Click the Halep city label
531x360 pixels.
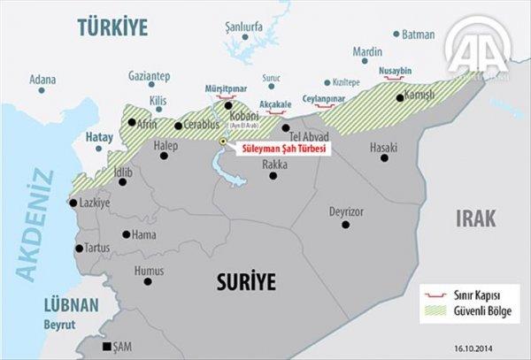point(165,144)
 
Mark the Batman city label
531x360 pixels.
point(419,35)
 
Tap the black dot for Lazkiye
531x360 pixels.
point(73,203)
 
